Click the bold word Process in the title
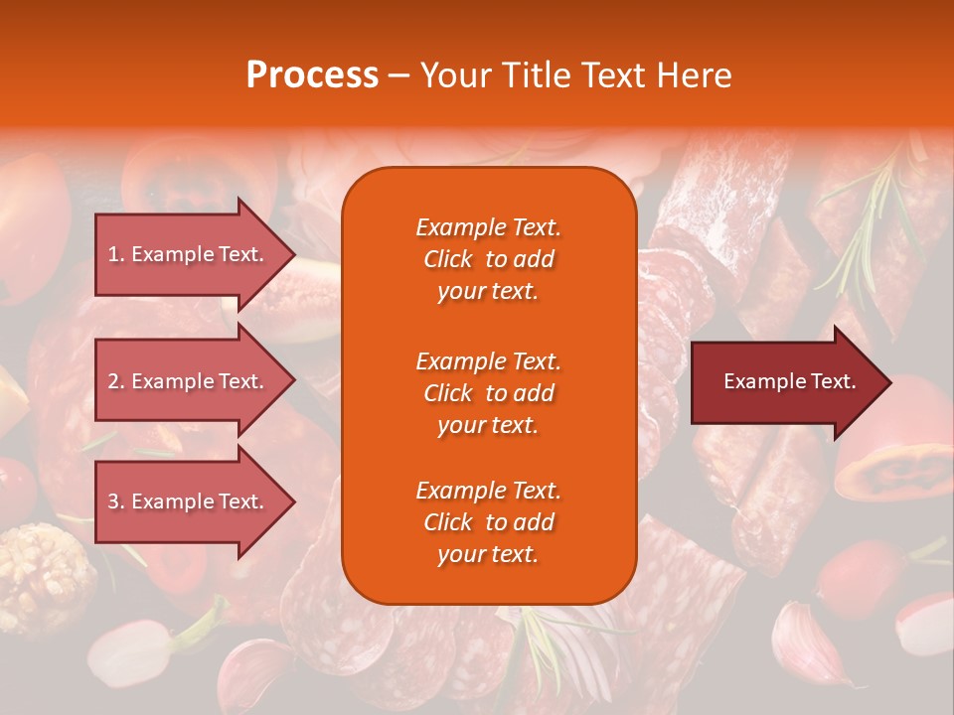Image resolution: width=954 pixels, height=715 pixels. [x=312, y=75]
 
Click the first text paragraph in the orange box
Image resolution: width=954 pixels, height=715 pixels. [x=488, y=259]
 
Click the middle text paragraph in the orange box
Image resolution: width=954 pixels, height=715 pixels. [x=488, y=393]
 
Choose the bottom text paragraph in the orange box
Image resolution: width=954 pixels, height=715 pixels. [x=488, y=522]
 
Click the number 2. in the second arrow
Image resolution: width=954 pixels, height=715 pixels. [x=116, y=381]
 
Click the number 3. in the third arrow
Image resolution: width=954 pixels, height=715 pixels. [x=116, y=501]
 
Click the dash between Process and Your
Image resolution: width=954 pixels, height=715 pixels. [x=398, y=75]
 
